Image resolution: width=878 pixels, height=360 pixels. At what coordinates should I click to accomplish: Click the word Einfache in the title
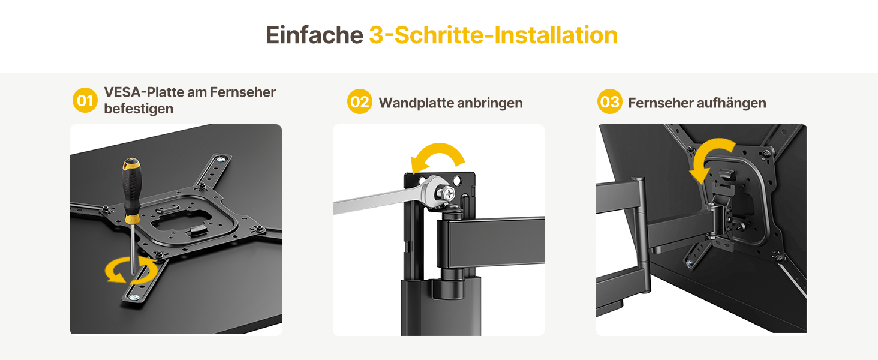pos(314,35)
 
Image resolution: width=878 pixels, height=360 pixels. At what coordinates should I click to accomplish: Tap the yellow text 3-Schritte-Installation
pos(494,35)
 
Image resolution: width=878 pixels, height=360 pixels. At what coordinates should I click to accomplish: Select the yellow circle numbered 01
pos(85,100)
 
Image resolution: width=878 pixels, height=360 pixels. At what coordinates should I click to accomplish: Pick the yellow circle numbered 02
pos(360,102)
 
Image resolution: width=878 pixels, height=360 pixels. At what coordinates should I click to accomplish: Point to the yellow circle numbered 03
pos(609,102)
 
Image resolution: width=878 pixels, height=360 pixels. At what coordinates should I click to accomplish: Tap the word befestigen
pos(139,109)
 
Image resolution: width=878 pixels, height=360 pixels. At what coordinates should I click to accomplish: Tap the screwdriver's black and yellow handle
pos(131,190)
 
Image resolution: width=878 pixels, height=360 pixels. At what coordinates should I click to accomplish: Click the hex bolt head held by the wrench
pos(446,193)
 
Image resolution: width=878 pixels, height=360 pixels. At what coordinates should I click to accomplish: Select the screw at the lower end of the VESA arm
pos(134,297)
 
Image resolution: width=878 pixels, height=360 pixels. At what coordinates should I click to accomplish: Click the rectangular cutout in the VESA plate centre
pos(181,220)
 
